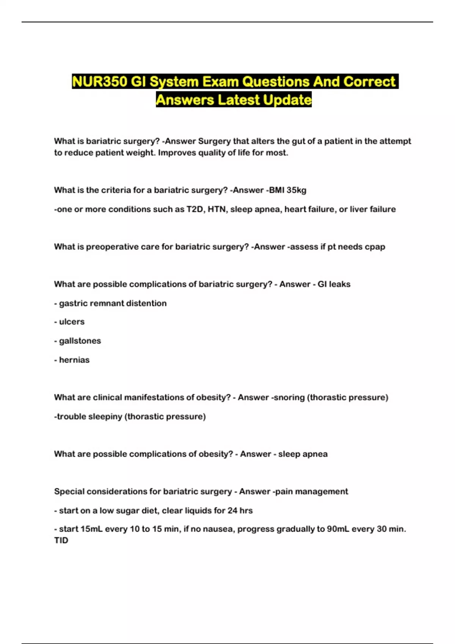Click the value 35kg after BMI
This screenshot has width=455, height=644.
pyautogui.click(x=297, y=190)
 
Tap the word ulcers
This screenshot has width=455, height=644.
pyautogui.click(x=72, y=322)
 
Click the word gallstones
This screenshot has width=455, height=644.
pyautogui.click(x=80, y=341)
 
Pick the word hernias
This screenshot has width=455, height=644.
pyautogui.click(x=74, y=360)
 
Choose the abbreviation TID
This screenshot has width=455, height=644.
pyautogui.click(x=61, y=541)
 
